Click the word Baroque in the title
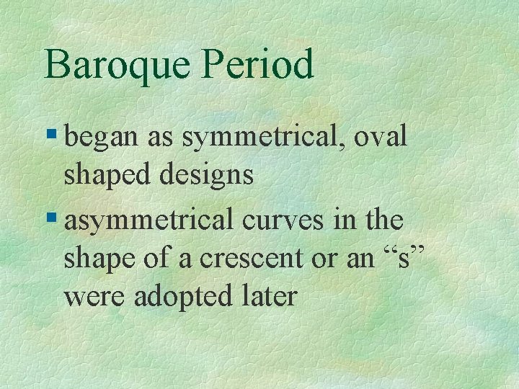tap(117, 66)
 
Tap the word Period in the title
tap(257, 66)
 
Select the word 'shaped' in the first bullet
tap(105, 176)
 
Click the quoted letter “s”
tap(402, 259)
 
